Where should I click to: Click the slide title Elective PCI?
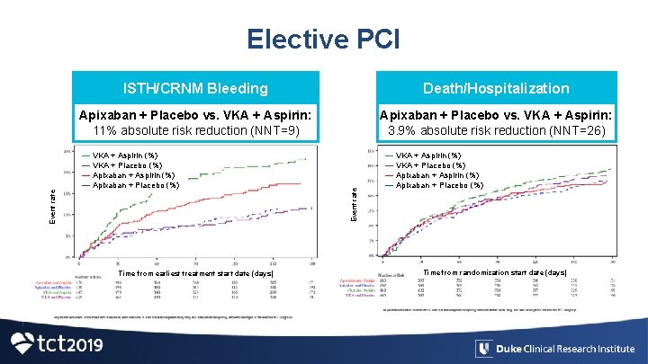pyautogui.click(x=323, y=39)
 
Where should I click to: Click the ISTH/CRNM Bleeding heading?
pyautogui.click(x=195, y=88)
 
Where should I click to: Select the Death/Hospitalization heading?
pyautogui.click(x=497, y=88)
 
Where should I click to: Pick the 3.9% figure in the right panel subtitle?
pyautogui.click(x=399, y=130)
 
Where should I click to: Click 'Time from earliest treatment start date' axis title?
pyautogui.click(x=196, y=273)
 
